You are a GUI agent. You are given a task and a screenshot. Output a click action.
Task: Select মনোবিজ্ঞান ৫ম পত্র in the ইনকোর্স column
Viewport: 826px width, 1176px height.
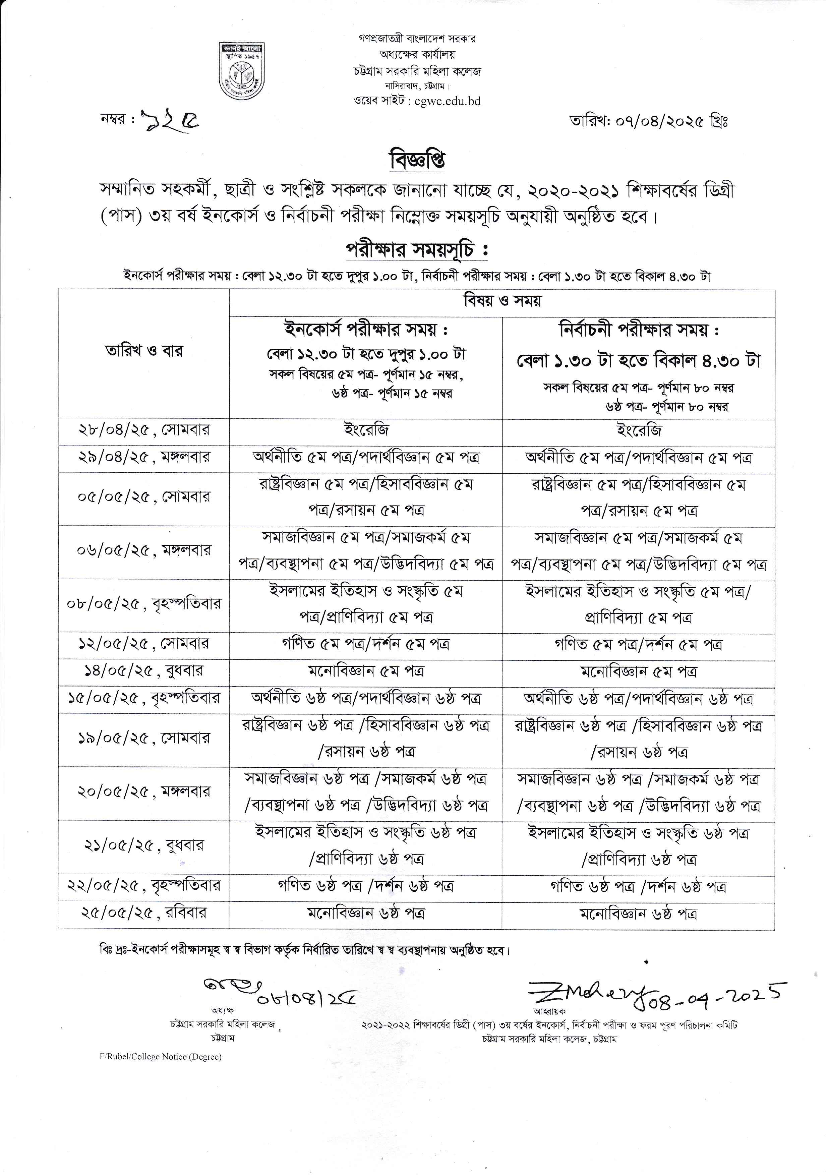coord(366,671)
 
